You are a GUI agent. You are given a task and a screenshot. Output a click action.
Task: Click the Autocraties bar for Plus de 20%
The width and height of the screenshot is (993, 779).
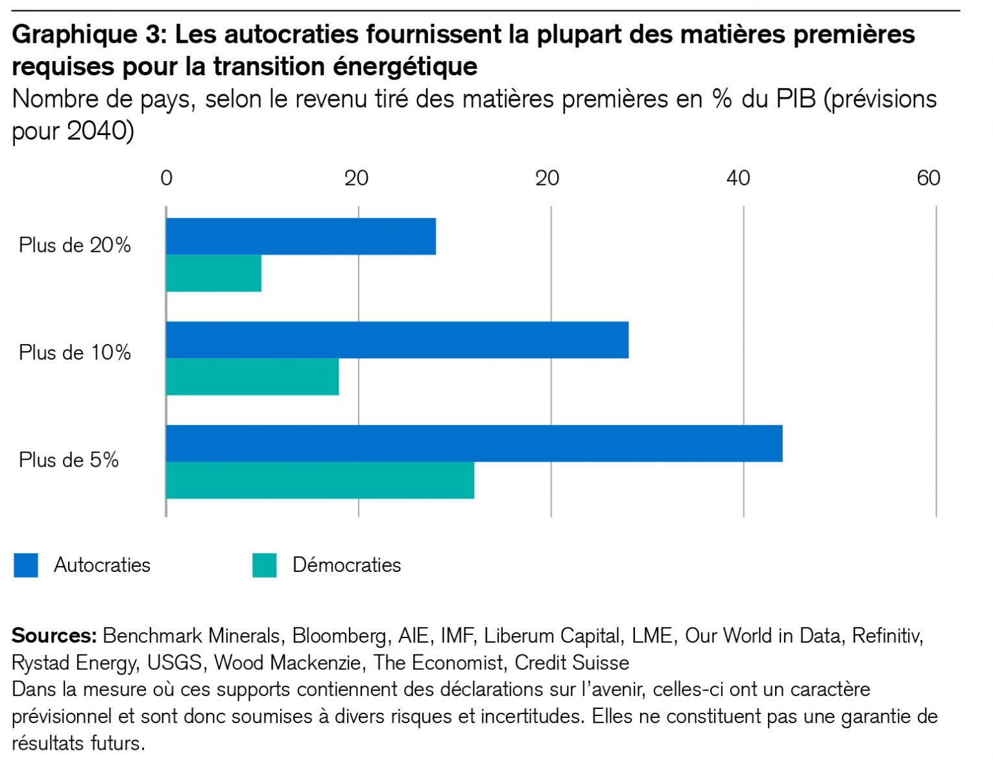tap(301, 237)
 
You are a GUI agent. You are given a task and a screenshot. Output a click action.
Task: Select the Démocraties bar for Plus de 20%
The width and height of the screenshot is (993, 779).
tap(214, 274)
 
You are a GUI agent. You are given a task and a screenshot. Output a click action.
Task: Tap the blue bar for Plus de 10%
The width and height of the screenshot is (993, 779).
tap(397, 340)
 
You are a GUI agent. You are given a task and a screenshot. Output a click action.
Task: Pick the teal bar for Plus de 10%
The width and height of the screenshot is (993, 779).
tap(252, 377)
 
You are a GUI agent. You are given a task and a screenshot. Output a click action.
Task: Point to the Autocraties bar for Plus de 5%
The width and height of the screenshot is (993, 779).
tap(474, 444)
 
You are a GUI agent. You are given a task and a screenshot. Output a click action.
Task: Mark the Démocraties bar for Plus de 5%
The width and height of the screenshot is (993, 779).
tap(320, 481)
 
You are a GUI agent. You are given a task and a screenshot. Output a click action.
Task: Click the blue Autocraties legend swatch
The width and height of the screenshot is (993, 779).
tap(26, 565)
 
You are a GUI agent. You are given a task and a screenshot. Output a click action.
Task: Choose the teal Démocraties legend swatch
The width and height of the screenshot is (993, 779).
tap(265, 565)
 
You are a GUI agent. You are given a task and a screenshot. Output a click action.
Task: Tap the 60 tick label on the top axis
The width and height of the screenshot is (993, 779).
tap(928, 179)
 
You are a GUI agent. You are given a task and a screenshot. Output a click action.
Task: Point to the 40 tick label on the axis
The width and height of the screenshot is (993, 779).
tap(737, 179)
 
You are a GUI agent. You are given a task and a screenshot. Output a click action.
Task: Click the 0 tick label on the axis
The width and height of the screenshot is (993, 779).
tap(167, 179)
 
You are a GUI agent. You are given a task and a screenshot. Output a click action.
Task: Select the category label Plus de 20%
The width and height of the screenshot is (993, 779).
tap(75, 245)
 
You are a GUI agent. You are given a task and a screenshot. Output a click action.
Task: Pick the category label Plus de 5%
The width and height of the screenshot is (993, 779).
tap(69, 460)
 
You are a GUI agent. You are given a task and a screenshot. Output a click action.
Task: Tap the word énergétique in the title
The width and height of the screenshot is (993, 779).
tap(405, 67)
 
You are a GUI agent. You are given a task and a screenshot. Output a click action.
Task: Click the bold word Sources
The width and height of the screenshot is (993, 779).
tap(54, 636)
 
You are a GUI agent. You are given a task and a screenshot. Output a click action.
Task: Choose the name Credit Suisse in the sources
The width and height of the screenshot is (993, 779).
tap(571, 663)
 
